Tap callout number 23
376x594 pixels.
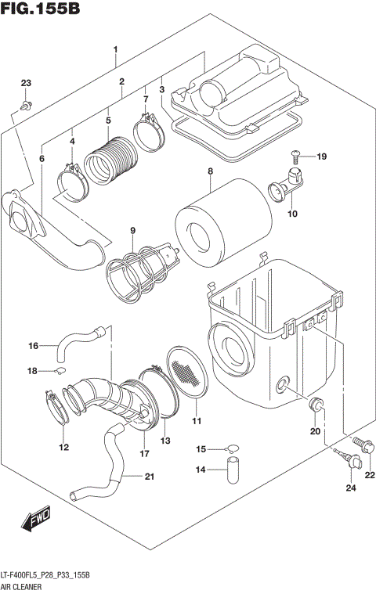point(25,84)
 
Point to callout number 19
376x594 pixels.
point(321,157)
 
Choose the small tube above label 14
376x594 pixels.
point(233,472)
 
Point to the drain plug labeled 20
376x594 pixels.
point(317,405)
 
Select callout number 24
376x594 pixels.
point(350,489)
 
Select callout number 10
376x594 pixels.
point(292,214)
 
